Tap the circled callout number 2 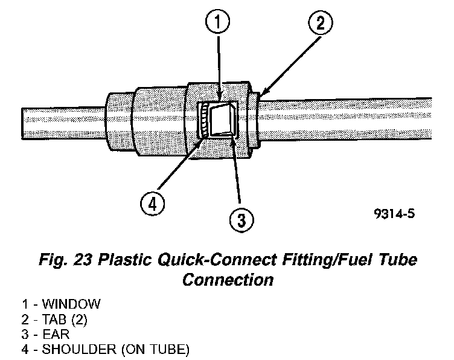pos(321,24)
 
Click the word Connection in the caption pos(228,280)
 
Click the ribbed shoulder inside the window pos(206,120)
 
